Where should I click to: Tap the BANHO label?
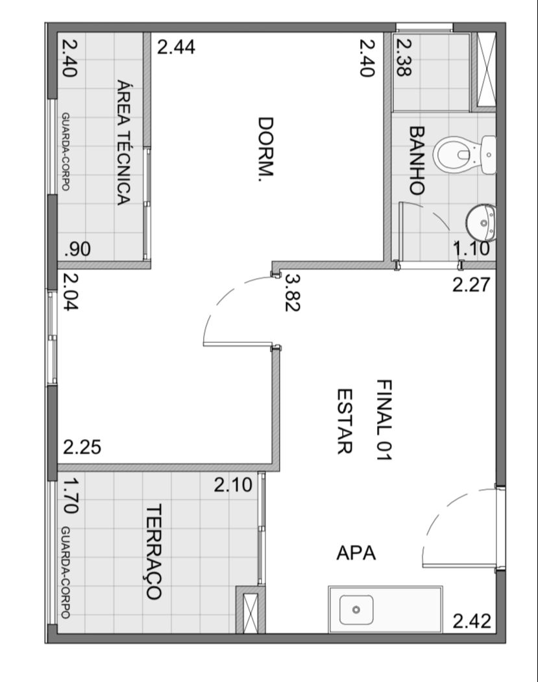417,160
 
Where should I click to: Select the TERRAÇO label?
153,551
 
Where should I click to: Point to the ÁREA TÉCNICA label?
123,142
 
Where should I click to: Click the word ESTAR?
345,421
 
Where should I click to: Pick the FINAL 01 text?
384,420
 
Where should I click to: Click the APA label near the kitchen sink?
356,553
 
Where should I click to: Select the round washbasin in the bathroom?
481,223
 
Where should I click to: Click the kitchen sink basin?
356,609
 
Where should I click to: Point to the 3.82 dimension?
293,292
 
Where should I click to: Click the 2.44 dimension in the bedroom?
176,47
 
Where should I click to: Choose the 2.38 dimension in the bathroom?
404,58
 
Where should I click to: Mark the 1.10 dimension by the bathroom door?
471,249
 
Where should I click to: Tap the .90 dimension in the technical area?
77,249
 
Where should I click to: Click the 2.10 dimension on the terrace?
233,485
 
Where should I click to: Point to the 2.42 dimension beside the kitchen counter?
472,621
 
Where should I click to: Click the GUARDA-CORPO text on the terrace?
66,572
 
